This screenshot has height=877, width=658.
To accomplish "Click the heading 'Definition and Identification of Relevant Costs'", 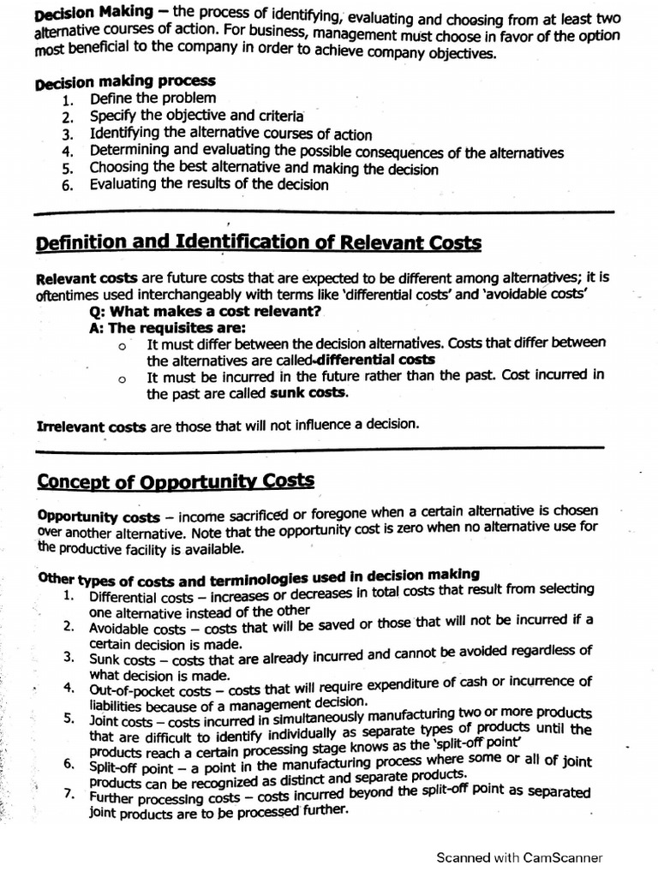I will (x=259, y=243).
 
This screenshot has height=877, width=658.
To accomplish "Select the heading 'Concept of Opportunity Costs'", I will (x=176, y=480).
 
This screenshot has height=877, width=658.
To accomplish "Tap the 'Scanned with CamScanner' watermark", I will (x=519, y=857).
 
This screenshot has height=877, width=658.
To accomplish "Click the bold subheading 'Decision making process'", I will (x=125, y=81).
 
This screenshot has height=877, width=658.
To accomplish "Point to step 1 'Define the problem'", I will (x=153, y=98).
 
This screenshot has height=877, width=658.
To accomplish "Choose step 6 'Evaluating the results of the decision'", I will (x=208, y=184).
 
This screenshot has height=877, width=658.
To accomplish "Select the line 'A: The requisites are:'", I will (x=167, y=328).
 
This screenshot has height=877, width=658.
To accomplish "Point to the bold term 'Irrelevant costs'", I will (x=92, y=426).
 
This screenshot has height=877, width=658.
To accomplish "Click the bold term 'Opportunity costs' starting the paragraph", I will (x=99, y=518).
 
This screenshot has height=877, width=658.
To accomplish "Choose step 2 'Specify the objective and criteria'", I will (x=196, y=115).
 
